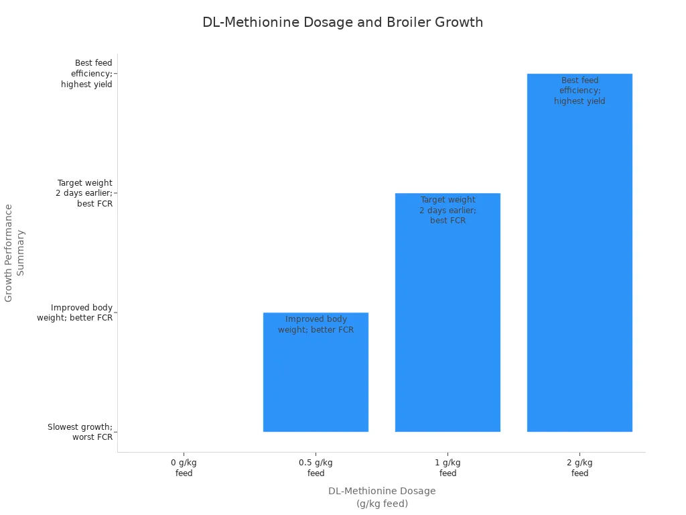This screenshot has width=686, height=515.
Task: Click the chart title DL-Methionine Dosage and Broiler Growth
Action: (x=342, y=22)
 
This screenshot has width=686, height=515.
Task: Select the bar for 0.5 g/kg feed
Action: (x=316, y=382)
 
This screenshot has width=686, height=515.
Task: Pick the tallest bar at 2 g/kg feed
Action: (x=579, y=268)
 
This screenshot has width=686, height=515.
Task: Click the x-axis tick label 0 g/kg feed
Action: (x=184, y=467)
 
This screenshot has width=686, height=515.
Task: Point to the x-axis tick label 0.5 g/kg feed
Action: (x=316, y=467)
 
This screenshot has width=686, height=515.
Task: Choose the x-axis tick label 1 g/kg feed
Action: (x=448, y=467)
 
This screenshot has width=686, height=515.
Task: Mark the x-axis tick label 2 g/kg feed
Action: (x=579, y=467)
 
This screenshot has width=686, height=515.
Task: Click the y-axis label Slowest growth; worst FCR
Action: (x=80, y=432)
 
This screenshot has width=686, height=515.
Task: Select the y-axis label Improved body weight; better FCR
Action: (x=75, y=312)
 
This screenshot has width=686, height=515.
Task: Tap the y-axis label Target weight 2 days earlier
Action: (x=85, y=193)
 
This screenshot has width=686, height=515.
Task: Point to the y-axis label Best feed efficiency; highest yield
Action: (x=87, y=74)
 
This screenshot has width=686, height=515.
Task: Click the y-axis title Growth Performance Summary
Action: (x=15, y=253)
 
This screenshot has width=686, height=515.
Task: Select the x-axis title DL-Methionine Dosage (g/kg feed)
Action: (x=382, y=497)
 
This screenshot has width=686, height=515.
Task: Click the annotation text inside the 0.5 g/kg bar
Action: (x=316, y=325)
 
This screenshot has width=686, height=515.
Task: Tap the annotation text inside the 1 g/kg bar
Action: (x=448, y=210)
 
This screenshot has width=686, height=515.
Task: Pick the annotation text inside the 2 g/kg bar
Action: (x=579, y=91)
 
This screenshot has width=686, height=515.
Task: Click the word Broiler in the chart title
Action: (x=408, y=22)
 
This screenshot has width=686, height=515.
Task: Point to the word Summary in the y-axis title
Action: (x=21, y=253)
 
